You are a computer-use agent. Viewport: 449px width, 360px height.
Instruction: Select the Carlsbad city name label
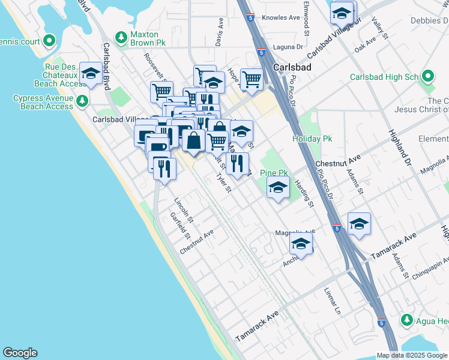[292, 67]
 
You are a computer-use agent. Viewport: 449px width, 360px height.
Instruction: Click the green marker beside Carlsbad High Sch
[428, 77]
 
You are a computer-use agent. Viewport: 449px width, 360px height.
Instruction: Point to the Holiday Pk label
[312, 139]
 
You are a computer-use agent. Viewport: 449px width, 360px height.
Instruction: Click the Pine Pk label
[274, 173]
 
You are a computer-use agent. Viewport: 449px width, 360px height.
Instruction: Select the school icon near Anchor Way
[301, 244]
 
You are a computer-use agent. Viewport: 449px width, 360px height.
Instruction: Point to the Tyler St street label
[223, 184]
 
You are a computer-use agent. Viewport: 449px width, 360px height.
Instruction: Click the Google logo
[20, 353]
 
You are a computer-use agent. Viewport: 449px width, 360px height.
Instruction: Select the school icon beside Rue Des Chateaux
[91, 74]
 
